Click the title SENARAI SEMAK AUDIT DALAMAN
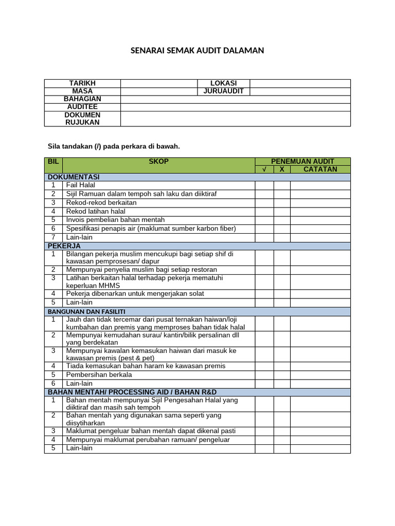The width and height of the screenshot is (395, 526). coord(197,50)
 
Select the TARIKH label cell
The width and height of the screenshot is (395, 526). coord(82,83)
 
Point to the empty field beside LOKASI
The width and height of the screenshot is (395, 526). coord(300,83)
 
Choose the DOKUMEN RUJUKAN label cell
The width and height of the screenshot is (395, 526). coord(82,119)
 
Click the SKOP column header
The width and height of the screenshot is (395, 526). coord(158,162)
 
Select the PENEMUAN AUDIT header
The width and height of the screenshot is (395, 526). coord(302,162)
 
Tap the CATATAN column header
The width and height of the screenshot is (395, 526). coord(320,170)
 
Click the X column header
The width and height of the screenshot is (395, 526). coord(282,170)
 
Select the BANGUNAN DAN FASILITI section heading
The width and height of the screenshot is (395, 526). coord(86,312)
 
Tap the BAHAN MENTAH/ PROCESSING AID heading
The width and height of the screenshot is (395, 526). coord(129,392)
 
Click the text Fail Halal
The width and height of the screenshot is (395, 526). coord(81,185)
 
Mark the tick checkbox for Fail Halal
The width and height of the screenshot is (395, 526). coord(264,185)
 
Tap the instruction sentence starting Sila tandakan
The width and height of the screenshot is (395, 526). coord(114,146)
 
